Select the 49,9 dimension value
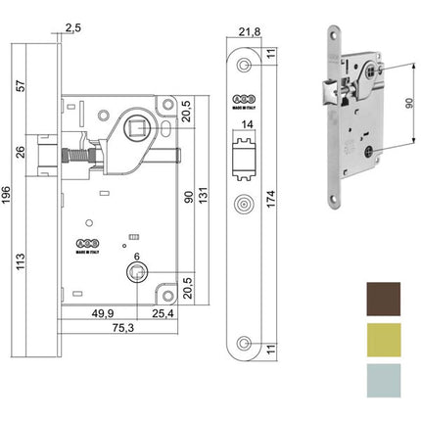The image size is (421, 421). (95, 313)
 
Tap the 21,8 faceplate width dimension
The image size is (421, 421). (250, 31)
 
